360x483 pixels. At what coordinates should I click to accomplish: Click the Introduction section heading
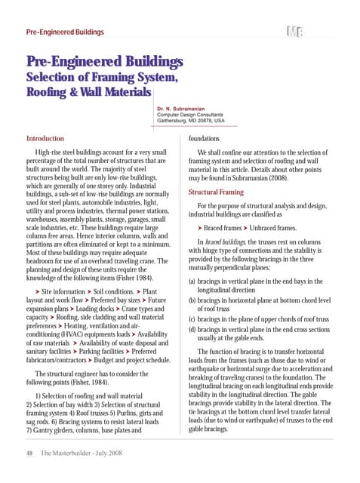pos(45,139)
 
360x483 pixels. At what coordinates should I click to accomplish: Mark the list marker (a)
pos(193,281)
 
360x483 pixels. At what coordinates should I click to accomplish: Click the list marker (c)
pos(193,318)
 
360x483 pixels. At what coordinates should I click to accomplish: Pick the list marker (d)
pos(193,329)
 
